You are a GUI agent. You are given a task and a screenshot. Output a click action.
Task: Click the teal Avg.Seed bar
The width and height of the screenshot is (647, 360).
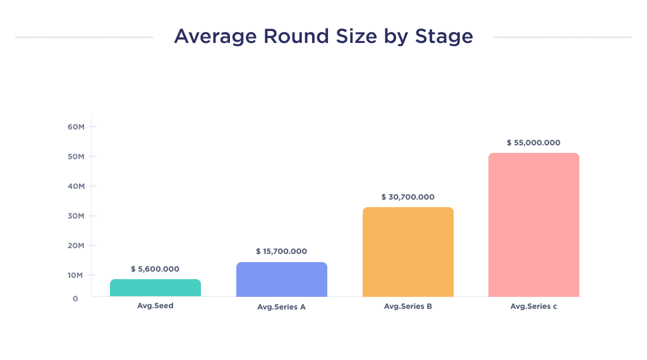pyautogui.click(x=155, y=288)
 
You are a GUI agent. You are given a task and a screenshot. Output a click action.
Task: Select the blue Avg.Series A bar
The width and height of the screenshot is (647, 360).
pyautogui.click(x=281, y=280)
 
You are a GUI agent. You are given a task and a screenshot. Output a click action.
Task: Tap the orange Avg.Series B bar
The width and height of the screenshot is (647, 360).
pyautogui.click(x=408, y=252)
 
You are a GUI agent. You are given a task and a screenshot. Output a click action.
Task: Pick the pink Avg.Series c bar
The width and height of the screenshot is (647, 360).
pyautogui.click(x=534, y=225)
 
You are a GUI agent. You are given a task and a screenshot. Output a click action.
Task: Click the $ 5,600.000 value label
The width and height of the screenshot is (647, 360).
pyautogui.click(x=155, y=269)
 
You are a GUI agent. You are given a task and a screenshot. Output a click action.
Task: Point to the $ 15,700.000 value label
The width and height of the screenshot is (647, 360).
pyautogui.click(x=281, y=251)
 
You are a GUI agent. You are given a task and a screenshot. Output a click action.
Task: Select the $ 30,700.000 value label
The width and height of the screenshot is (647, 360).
pyautogui.click(x=408, y=197)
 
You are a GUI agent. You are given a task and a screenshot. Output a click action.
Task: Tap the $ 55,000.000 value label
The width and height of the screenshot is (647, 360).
pyautogui.click(x=533, y=143)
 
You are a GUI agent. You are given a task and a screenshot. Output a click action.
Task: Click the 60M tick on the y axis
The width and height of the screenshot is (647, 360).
pyautogui.click(x=76, y=127)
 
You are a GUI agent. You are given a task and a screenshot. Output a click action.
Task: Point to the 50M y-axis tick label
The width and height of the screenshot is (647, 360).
pyautogui.click(x=76, y=157)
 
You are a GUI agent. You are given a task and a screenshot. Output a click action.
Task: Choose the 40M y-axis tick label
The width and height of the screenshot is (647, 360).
pyautogui.click(x=76, y=186)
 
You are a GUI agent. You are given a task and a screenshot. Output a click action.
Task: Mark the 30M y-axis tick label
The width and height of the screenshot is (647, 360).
pyautogui.click(x=76, y=216)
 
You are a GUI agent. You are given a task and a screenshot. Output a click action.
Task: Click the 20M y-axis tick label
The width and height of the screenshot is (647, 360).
pyautogui.click(x=76, y=246)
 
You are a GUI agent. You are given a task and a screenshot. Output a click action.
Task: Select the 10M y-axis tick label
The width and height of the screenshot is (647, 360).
pyautogui.click(x=76, y=275)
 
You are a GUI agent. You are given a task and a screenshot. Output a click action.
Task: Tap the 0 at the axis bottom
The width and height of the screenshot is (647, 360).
pyautogui.click(x=75, y=298)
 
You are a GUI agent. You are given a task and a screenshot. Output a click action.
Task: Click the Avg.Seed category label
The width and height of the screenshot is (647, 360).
pyautogui.click(x=155, y=306)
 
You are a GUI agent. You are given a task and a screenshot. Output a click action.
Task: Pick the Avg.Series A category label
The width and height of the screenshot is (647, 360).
pyautogui.click(x=281, y=307)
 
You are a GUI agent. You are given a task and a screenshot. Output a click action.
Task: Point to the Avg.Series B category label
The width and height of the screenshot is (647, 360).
pyautogui.click(x=408, y=306)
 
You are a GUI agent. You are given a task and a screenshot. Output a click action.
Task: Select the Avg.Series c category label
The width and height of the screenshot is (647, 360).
pyautogui.click(x=534, y=306)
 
